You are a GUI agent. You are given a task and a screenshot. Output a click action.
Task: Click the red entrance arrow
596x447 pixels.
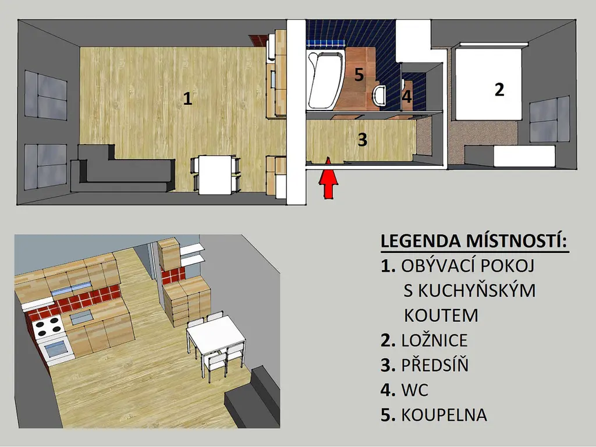328,179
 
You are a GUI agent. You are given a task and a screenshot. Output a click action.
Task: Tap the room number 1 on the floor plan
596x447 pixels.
187,99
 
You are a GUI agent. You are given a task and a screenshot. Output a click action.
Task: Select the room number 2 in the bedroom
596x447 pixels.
499,90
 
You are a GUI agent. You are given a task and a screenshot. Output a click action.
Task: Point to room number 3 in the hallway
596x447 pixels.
362,140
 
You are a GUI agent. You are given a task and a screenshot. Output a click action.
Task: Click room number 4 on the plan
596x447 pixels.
407,97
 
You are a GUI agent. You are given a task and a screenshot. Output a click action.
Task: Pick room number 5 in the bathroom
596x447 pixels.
359,74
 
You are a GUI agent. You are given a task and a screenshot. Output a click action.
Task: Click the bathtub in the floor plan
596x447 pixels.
325,80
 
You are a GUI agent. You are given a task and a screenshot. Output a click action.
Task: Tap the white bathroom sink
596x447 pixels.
379,95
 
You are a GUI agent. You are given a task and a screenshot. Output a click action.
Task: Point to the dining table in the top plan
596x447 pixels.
215,175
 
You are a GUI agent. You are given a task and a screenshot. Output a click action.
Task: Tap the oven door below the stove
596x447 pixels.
56,350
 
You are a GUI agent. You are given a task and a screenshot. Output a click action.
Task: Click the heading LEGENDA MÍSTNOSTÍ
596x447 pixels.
474,242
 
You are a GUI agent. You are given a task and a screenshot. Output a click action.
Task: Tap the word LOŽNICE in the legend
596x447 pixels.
434,340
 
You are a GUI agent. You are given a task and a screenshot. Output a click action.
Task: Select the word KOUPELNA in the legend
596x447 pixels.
444,414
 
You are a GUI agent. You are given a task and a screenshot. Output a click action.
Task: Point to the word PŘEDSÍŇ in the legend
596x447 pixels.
435,365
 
